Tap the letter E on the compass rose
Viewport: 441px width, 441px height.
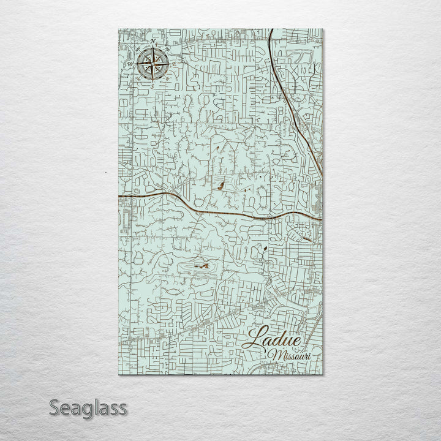click(x=173, y=63)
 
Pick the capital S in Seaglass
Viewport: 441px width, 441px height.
click(x=55, y=408)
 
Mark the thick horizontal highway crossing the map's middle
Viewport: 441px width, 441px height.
click(x=184, y=202)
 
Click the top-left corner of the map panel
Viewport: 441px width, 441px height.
click(x=118, y=28)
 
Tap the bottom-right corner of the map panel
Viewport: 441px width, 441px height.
click(x=323, y=374)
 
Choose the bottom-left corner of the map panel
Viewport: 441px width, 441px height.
click(x=118, y=374)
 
